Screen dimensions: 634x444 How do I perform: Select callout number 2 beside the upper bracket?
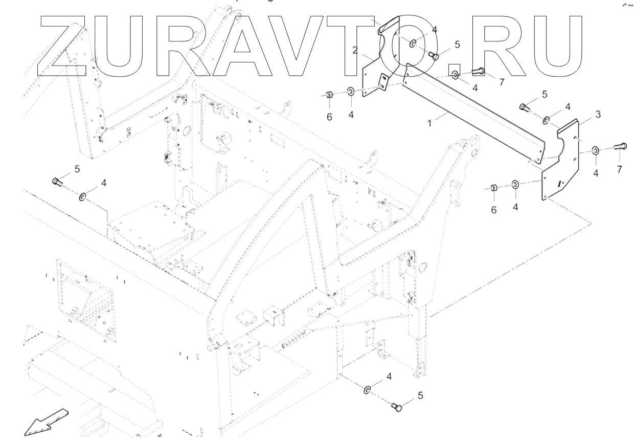tap(355, 50)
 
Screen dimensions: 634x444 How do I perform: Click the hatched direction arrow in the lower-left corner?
tap(46, 423)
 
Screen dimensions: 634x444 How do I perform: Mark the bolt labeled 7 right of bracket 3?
tap(620, 147)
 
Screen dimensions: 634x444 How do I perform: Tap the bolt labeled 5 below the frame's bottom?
tap(396, 407)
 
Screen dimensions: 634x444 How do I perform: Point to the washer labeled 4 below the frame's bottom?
tap(368, 390)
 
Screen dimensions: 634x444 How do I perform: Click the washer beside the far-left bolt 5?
tap(82, 196)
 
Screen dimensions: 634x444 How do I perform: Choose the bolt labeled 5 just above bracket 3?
tap(524, 107)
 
